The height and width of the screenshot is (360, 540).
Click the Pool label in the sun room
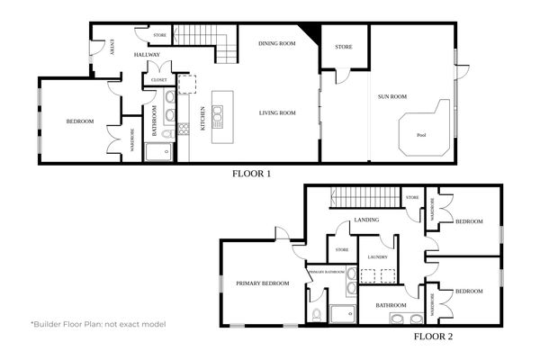coord(420,136)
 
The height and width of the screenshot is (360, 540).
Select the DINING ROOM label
coord(278,43)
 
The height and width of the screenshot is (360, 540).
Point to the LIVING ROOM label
coord(278,112)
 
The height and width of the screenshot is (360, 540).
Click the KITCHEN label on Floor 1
coord(203,119)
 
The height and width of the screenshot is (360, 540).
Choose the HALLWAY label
coord(147,55)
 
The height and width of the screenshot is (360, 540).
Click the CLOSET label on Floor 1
coord(159,79)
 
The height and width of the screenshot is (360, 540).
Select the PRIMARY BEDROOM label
coord(263,283)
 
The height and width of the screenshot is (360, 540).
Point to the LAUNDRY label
coord(377,257)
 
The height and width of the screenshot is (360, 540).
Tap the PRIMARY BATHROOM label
coord(328,271)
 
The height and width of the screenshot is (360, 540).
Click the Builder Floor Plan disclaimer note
coord(98,323)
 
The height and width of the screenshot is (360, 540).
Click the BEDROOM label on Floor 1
coord(80,121)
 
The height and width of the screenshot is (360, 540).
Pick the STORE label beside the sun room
coord(343,47)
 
